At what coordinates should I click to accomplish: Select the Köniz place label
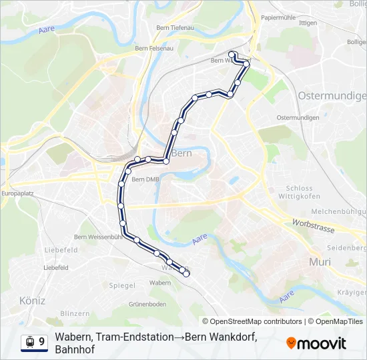tap(32, 301)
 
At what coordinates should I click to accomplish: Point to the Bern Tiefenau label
tap(174, 27)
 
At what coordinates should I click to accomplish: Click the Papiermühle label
tap(279, 17)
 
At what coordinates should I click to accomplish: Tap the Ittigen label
tap(308, 23)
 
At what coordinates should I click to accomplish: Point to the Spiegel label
tap(122, 285)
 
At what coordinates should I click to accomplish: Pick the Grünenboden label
tap(148, 304)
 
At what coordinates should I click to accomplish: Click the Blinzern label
tap(75, 313)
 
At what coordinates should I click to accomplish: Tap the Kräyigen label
tap(351, 293)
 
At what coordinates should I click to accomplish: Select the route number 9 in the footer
tap(42, 342)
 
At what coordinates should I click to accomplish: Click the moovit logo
tap(316, 343)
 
